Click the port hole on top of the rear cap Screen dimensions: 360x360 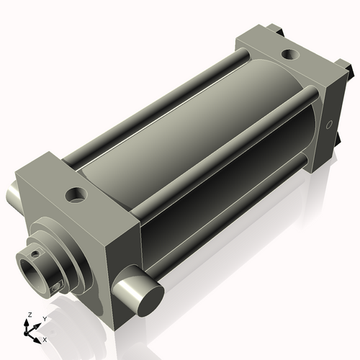coord(289,53)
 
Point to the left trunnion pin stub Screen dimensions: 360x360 coord(17,194)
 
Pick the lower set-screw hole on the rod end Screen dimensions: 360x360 coord(56,289)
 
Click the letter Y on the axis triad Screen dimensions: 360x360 coord(45,318)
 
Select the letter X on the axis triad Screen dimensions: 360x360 coord(45,338)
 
